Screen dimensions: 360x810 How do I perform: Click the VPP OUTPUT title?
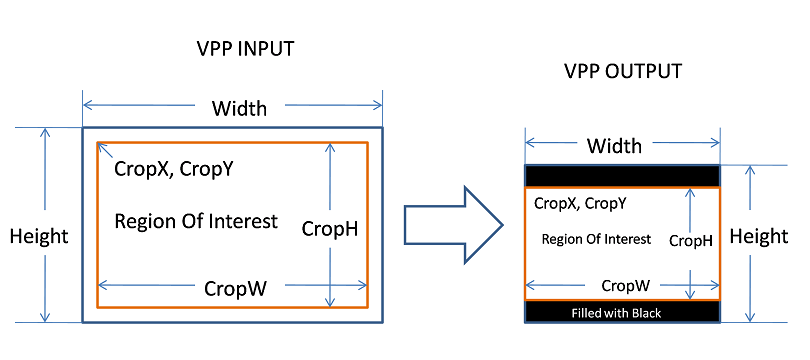pos(621,72)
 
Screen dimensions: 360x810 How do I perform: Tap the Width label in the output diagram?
pos(614,146)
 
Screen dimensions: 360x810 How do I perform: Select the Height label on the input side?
pos(39,236)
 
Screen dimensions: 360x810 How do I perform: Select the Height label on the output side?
pos(759,236)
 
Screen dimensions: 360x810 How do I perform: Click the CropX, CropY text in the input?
pos(174,169)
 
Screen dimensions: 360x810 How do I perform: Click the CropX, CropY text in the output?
pos(580,203)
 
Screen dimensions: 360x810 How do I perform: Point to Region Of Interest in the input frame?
pos(196,221)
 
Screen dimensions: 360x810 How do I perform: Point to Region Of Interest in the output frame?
pos(596,239)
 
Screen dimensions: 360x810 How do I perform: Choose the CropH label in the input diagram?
pos(330,229)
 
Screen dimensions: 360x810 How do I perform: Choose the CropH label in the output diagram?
pos(690,240)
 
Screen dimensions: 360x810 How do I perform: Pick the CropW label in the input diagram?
pos(235,288)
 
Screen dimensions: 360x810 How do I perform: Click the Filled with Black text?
pos(616,313)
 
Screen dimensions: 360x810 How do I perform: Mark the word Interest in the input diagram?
pos(244,221)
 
